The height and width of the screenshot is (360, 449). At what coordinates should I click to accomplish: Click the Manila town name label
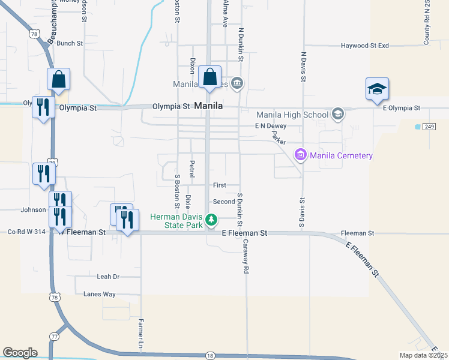[209, 106]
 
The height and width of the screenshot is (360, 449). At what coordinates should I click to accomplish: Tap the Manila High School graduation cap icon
[338, 114]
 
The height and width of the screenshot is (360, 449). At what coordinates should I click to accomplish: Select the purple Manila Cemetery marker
[300, 155]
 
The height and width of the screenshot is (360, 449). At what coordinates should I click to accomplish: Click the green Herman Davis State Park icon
[211, 221]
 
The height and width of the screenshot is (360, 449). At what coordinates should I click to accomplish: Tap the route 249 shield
[428, 127]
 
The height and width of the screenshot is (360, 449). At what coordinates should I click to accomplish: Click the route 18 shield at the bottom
[209, 356]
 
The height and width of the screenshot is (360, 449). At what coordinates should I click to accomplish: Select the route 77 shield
[55, 337]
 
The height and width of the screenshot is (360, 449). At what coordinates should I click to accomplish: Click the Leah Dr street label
[109, 277]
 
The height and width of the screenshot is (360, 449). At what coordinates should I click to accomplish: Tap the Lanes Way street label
[100, 294]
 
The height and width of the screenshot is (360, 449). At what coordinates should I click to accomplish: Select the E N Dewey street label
[270, 126]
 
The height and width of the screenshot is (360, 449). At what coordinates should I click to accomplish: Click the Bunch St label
[70, 43]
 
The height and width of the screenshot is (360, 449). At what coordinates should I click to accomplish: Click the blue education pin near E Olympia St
[378, 90]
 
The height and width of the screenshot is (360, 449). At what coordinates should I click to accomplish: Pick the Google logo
[20, 353]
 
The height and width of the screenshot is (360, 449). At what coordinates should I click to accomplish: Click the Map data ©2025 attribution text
[423, 355]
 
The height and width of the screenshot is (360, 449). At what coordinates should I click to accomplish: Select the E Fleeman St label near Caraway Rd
[244, 232]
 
